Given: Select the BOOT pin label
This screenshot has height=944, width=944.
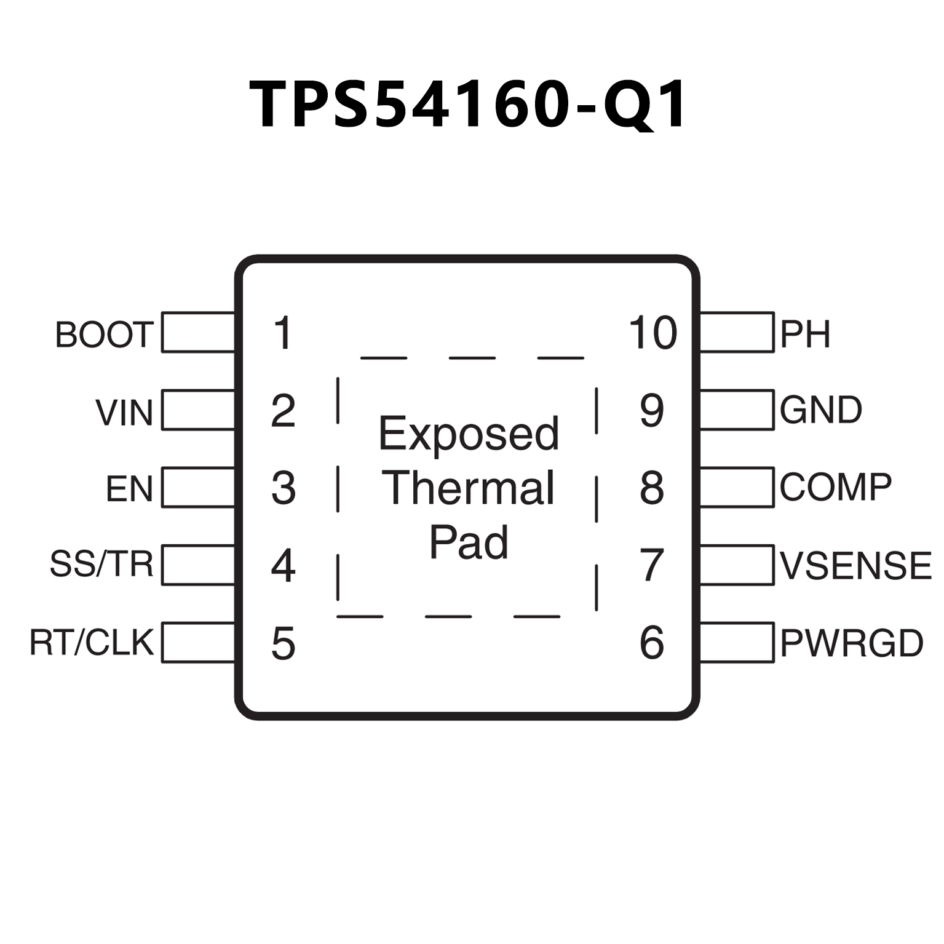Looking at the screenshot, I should pos(104,335).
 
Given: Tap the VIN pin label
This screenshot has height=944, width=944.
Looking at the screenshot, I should pos(124,412).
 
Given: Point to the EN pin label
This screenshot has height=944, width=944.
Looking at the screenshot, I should pos(129,489).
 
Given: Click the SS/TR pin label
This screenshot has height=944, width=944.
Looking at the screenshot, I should pos(101,564).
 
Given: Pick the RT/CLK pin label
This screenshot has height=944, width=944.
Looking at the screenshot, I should pos(92,642).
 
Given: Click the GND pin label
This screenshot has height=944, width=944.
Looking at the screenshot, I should pos(821,410).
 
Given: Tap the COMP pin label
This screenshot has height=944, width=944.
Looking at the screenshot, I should pos(836,488).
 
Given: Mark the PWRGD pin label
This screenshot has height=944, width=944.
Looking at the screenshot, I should pos(852,643).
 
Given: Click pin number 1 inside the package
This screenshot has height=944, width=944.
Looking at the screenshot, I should pos(283,333).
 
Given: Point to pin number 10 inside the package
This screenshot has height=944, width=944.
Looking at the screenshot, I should pos(652,333).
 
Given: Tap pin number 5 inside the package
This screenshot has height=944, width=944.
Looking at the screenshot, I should pos(283,643).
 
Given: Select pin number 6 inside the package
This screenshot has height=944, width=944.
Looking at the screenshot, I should pos(652,643).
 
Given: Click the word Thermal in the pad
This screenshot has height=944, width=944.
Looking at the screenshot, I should pos(469,488).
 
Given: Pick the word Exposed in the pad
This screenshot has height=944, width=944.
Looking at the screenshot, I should pos(469,434).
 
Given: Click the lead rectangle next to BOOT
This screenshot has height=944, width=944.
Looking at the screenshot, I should pos(198,333).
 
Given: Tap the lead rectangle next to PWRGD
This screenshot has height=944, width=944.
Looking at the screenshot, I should pos(737,643).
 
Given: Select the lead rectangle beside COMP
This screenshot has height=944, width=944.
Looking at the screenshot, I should pos(737,488).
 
